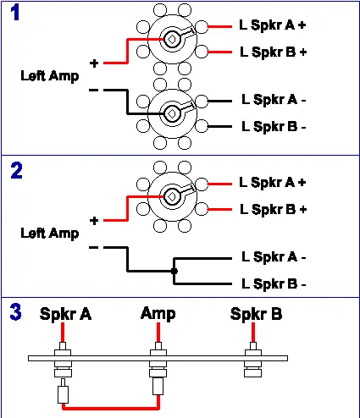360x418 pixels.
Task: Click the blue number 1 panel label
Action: tap(15, 13)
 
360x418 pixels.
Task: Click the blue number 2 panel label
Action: tap(16, 171)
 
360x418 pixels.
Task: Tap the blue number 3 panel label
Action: tap(15, 312)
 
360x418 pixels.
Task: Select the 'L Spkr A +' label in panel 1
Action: tap(273, 25)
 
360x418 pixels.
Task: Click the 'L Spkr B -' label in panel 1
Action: tap(274, 127)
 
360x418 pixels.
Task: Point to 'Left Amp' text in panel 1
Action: tap(50, 76)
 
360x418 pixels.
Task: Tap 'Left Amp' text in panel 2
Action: tap(50, 234)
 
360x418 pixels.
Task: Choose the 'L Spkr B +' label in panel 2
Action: tap(273, 210)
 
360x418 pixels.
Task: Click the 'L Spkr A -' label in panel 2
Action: tap(274, 257)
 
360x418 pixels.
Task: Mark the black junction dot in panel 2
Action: tap(174, 271)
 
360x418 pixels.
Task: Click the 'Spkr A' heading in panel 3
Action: tap(65, 314)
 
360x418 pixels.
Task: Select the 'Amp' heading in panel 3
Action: tap(158, 313)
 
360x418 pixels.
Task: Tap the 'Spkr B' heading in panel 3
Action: tap(256, 314)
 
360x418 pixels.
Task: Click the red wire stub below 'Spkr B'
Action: tap(253, 333)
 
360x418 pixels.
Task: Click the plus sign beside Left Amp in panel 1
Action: tap(94, 63)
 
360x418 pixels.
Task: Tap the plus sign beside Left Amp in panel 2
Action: tap(94, 221)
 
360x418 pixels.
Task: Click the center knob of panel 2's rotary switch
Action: tap(171, 196)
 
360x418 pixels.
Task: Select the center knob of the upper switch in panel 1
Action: tap(171, 39)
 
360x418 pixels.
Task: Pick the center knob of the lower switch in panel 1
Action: tap(171, 113)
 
